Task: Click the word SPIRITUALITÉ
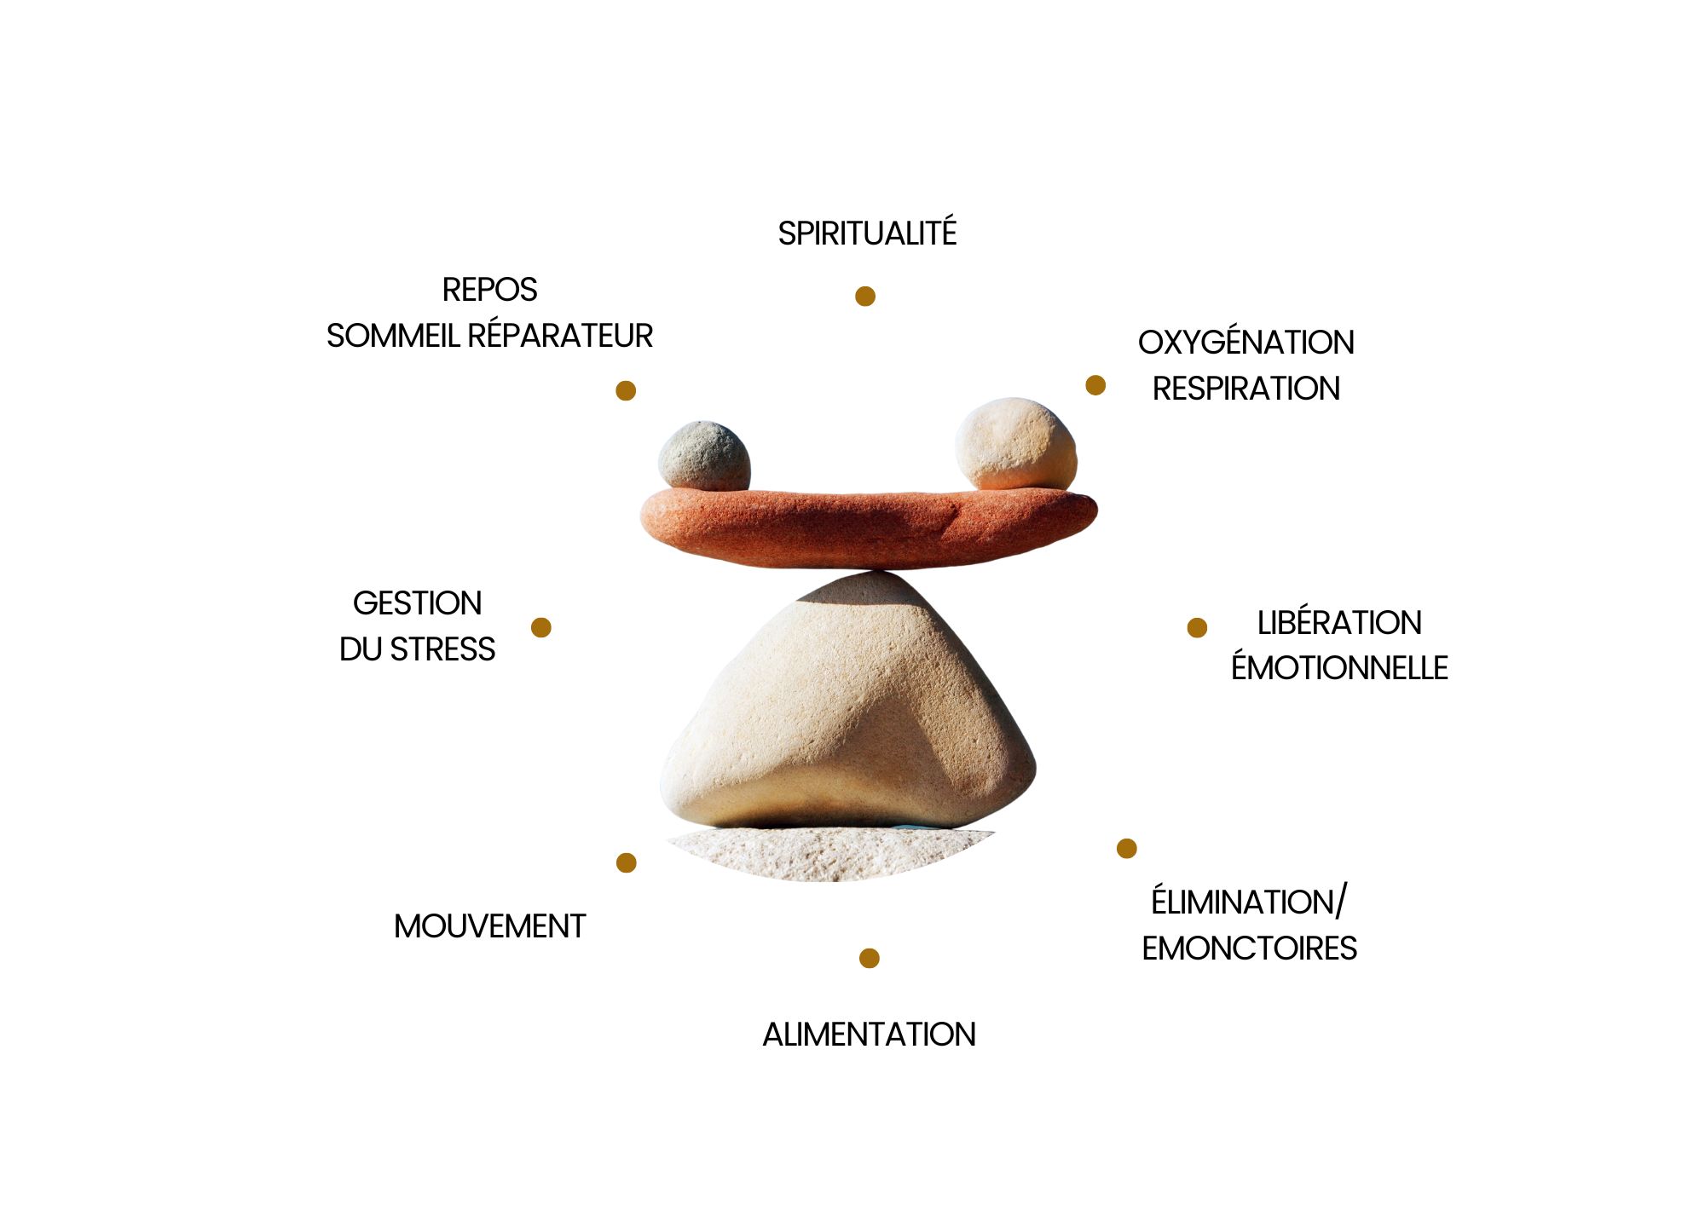point(867,234)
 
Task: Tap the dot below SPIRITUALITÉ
point(865,296)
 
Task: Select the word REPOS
point(489,290)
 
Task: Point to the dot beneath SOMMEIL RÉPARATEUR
point(626,390)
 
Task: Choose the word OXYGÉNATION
point(1246,343)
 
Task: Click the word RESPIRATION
point(1246,389)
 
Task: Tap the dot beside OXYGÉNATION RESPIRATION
point(1095,385)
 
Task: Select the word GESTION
point(417,603)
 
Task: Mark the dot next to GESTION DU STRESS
point(540,627)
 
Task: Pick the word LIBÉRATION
point(1339,623)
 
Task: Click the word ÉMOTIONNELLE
point(1339,668)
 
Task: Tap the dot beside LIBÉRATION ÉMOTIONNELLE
point(1197,627)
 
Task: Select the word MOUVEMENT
point(489,926)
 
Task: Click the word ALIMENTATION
point(869,1035)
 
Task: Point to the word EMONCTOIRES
point(1249,948)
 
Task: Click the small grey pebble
point(704,456)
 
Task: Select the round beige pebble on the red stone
point(1015,444)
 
